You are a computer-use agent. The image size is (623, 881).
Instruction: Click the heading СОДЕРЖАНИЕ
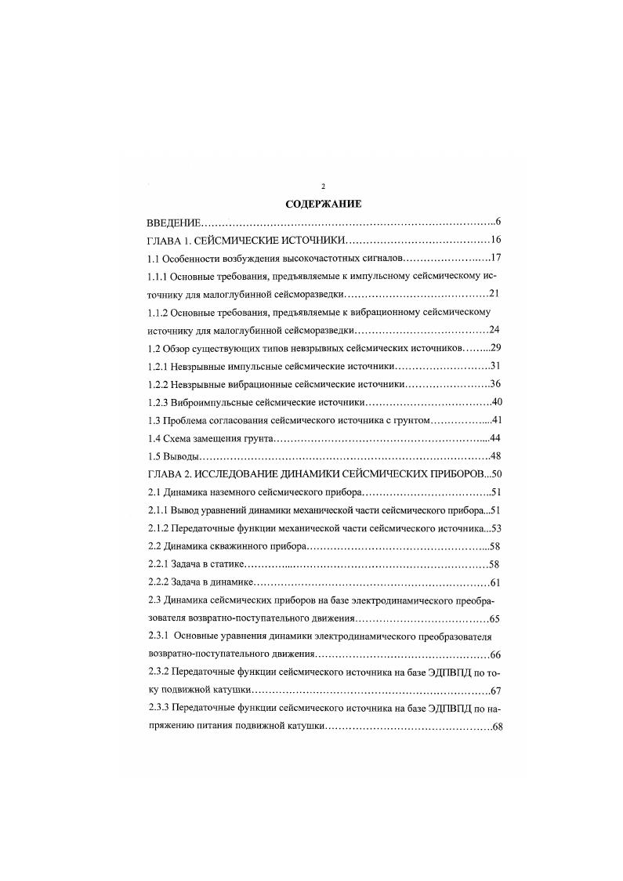tap(323, 205)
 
